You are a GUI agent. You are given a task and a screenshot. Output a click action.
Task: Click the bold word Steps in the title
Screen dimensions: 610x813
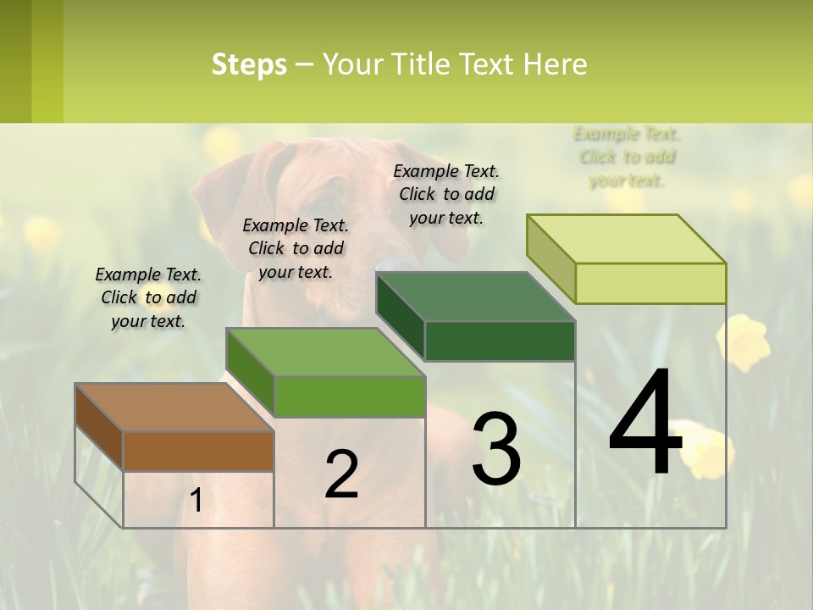point(249,64)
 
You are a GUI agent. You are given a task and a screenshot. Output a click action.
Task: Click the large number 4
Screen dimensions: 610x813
point(645,424)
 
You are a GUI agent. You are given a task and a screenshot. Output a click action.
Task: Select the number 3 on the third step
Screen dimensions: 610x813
point(495,449)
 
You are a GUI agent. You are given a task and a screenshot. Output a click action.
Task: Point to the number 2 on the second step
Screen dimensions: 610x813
point(341,474)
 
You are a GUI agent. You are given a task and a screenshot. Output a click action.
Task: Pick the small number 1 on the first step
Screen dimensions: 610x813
point(196,501)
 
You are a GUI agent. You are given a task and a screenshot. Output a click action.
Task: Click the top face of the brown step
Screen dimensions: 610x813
point(174,408)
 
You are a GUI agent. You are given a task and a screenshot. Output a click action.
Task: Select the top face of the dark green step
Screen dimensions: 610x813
point(475,297)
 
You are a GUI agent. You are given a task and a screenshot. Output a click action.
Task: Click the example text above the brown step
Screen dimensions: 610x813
point(148,297)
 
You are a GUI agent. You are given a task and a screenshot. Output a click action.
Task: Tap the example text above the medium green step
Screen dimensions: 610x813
point(296,248)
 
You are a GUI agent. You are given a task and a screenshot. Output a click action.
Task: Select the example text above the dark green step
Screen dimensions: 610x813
point(446,194)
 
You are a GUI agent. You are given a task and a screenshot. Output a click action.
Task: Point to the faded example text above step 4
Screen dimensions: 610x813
point(627,157)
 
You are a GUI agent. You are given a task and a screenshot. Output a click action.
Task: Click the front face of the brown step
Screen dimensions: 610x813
point(198,451)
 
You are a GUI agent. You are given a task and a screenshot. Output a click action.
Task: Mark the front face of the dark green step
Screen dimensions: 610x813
point(500,341)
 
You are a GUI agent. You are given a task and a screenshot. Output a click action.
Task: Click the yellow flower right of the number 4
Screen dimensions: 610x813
point(744,341)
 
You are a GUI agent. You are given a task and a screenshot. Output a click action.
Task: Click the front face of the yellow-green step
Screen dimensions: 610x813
point(650,283)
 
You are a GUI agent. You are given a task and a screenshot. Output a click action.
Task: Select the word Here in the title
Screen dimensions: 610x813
point(556,64)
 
